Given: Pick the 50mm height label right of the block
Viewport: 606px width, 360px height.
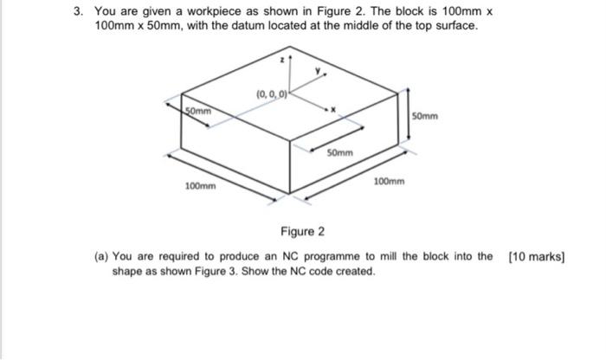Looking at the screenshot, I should click(x=426, y=115).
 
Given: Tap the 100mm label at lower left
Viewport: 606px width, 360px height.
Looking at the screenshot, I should click(x=201, y=186).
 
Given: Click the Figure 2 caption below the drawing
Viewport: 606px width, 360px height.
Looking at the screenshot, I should click(x=302, y=232).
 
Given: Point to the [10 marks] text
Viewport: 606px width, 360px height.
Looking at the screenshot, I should click(x=537, y=256).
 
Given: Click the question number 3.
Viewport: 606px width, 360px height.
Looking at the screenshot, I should click(x=77, y=11).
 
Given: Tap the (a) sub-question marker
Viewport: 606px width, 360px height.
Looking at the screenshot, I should click(x=102, y=256).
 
